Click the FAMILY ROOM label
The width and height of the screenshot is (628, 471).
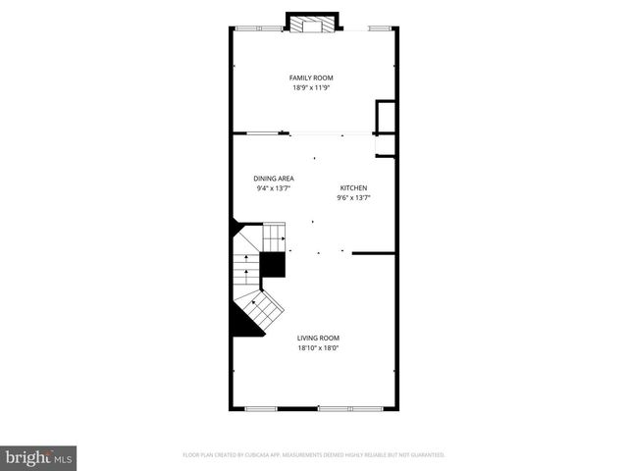(x=311, y=78)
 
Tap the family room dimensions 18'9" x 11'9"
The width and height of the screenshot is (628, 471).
(x=311, y=87)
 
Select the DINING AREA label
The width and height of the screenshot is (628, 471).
(x=274, y=179)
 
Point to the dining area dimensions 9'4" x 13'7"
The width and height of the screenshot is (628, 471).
(x=274, y=188)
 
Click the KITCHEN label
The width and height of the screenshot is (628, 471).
(x=354, y=187)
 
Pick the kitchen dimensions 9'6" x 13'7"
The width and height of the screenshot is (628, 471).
(x=354, y=197)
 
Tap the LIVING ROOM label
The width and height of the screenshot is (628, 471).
(x=319, y=338)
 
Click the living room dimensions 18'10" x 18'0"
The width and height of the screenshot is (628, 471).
(x=319, y=347)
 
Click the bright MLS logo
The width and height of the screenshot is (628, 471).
(x=38, y=456)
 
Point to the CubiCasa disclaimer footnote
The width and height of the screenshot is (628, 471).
(x=314, y=455)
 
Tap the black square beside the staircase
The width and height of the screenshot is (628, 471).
(x=272, y=264)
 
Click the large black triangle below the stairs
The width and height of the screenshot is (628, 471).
(x=244, y=321)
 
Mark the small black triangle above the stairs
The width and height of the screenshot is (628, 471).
(x=236, y=227)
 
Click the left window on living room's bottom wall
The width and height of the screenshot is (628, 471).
(x=260, y=406)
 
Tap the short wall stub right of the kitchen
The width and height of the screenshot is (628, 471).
(x=373, y=252)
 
